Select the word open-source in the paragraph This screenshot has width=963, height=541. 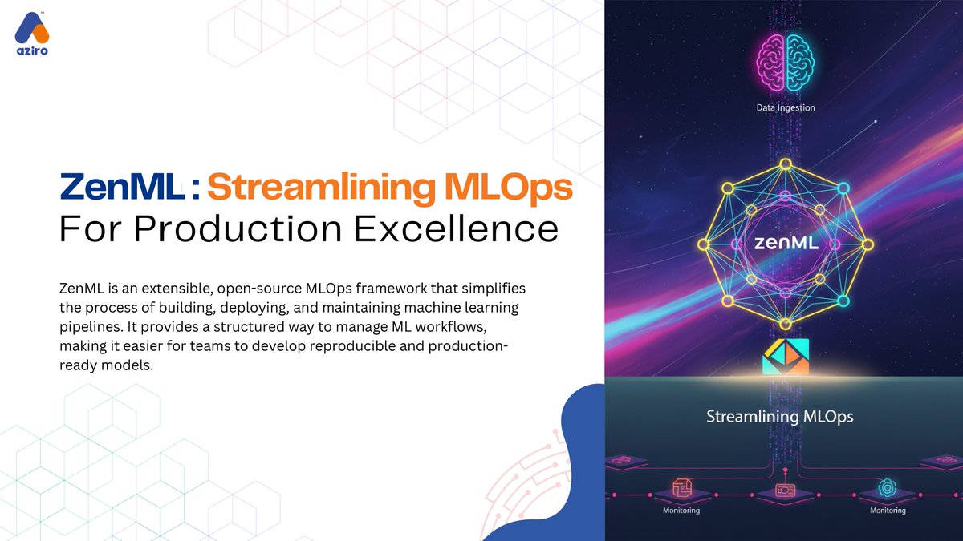pyautogui.click(x=251, y=287)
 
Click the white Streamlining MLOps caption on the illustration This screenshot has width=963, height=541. pyautogui.click(x=779, y=417)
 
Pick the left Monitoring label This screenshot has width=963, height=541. pyautogui.click(x=681, y=511)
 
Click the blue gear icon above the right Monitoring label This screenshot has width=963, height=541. pyautogui.click(x=887, y=487)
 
